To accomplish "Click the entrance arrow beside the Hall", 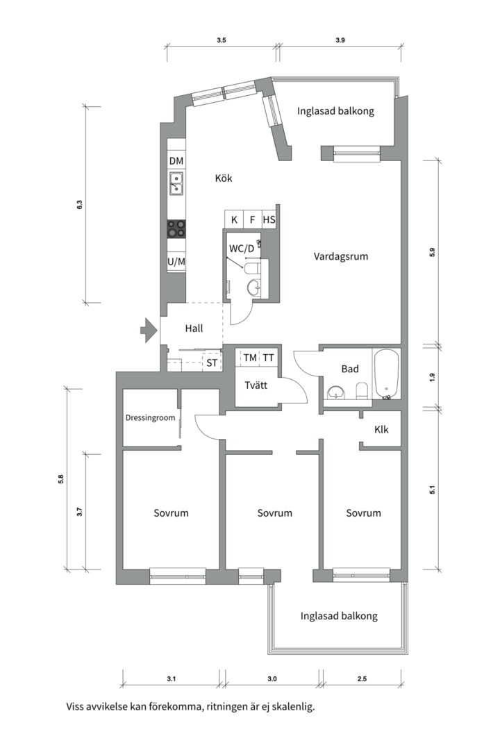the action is [149, 330].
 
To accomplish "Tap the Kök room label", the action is [224, 178].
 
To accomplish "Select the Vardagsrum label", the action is [341, 256].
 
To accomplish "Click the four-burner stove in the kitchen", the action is [176, 228].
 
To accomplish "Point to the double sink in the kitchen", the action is [176, 183].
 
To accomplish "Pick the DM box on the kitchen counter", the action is [176, 160].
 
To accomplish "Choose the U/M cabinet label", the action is [176, 262].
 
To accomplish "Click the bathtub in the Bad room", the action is [386, 374].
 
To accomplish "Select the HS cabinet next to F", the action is [269, 219].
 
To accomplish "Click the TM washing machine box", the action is [250, 358].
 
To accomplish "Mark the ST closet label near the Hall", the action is [212, 363].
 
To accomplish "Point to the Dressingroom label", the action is [150, 418].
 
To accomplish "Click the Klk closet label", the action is [381, 430].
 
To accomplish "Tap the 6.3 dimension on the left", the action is [79, 204].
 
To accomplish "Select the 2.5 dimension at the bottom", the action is [362, 678].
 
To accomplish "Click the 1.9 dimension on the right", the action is [433, 377].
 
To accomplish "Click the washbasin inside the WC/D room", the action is [253, 287].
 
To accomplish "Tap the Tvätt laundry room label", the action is [256, 385].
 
